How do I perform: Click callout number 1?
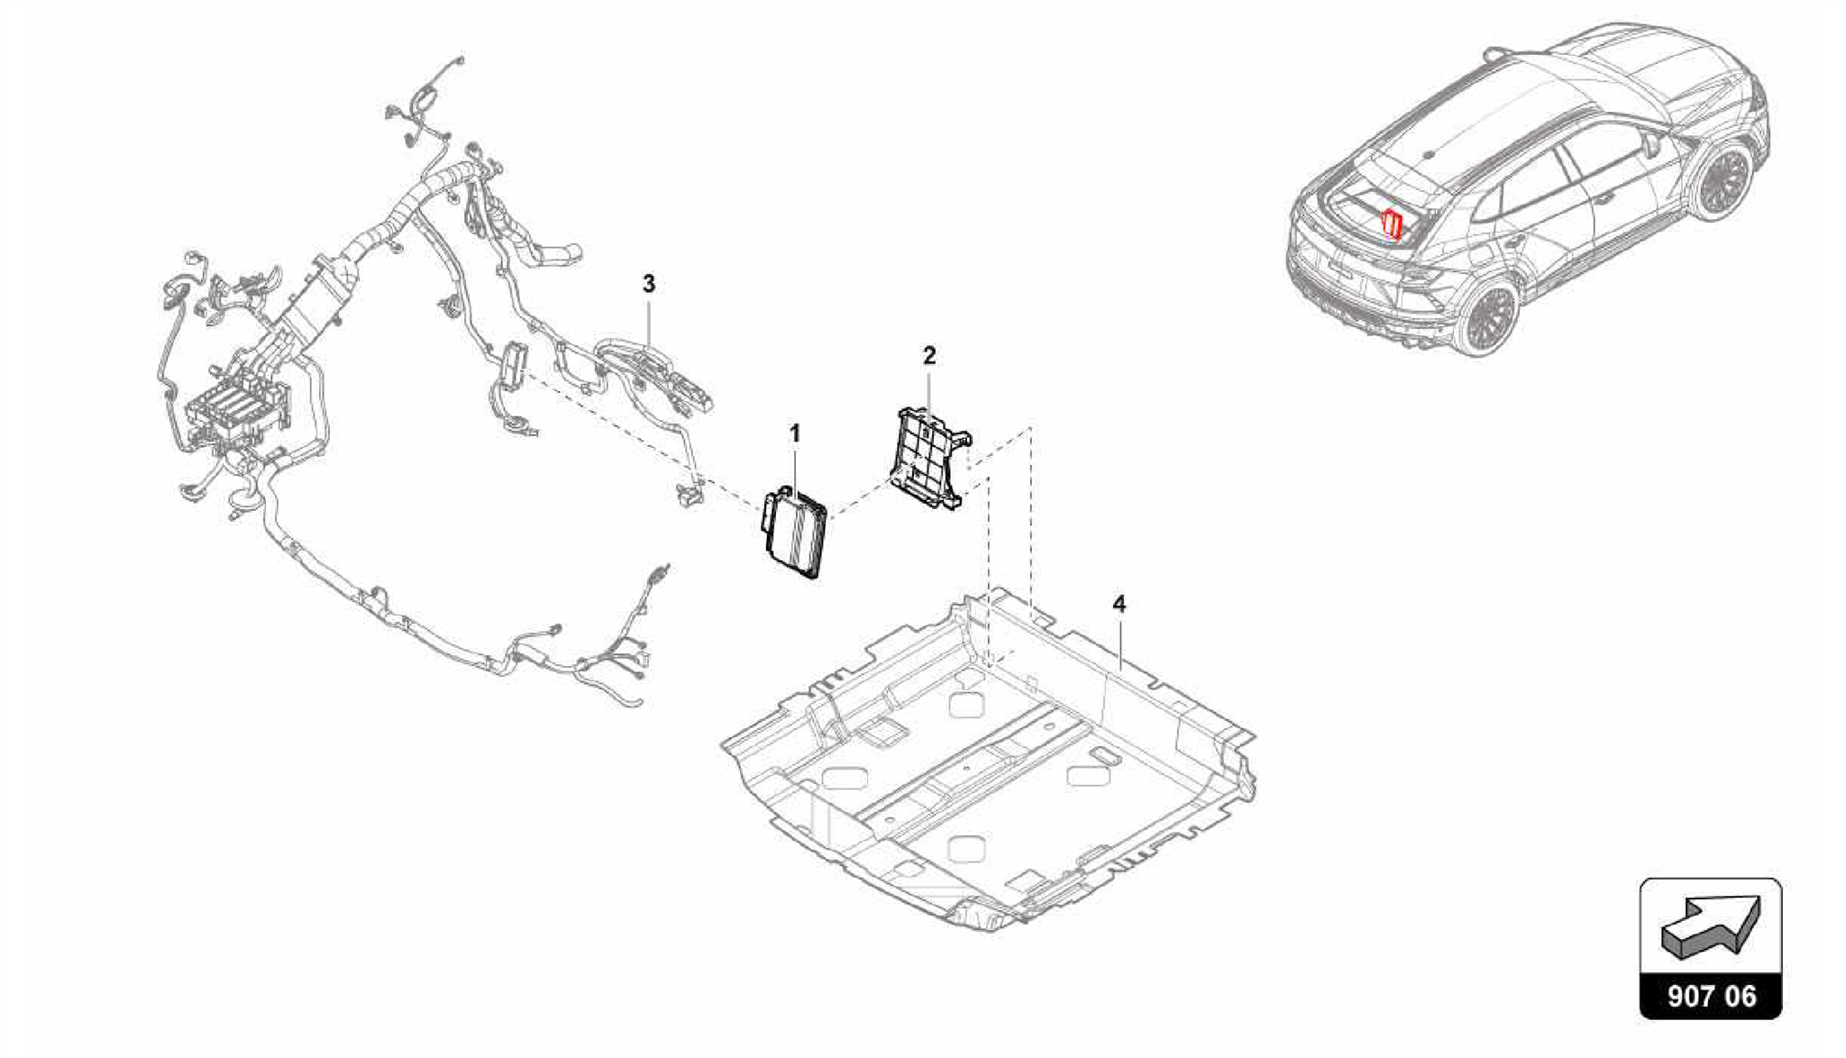[x=794, y=434]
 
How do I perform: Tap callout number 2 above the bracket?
[x=929, y=356]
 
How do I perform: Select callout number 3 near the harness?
[x=649, y=285]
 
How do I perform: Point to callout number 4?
[x=1119, y=604]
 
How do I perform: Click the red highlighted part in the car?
[x=1393, y=223]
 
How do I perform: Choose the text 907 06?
[x=1711, y=996]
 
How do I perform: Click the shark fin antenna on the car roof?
[x=1430, y=154]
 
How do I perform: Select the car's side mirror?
[x=1652, y=143]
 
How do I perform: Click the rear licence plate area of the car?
[x=1340, y=269]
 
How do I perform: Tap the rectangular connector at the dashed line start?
[x=514, y=365]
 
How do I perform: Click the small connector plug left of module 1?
[x=689, y=493]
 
